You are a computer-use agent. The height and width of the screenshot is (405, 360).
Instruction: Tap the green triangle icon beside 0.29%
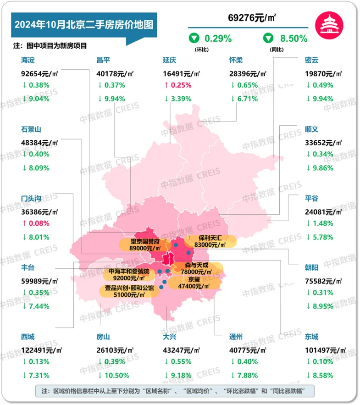[194, 39]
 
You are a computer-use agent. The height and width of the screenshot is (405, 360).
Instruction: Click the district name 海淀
[28, 60]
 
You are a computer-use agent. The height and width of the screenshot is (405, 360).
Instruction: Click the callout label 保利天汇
[210, 238]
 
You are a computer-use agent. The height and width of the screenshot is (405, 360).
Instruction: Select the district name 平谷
[311, 199]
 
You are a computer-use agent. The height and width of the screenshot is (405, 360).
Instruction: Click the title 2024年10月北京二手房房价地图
[83, 24]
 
